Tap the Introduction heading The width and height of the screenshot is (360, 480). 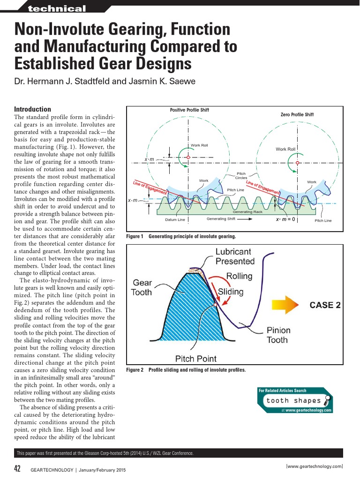click(x=33, y=109)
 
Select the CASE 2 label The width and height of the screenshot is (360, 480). click(x=325, y=305)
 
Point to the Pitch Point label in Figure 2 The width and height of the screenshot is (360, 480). click(x=196, y=359)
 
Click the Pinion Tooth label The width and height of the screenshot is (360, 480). click(x=278, y=335)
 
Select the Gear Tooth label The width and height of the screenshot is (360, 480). click(x=142, y=287)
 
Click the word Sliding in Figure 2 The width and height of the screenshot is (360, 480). click(x=231, y=292)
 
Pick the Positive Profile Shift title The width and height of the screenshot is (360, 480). click(x=189, y=110)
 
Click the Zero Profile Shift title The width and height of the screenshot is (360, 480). click(x=297, y=114)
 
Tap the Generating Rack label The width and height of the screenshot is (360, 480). click(x=247, y=212)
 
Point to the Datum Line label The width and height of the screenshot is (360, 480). click(x=175, y=219)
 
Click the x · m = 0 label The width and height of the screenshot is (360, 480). click(x=285, y=219)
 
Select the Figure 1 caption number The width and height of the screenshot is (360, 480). click(x=135, y=236)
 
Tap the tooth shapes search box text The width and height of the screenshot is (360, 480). click(x=293, y=400)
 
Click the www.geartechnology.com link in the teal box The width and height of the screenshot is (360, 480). click(x=308, y=410)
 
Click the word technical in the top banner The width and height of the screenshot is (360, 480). click(x=57, y=9)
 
